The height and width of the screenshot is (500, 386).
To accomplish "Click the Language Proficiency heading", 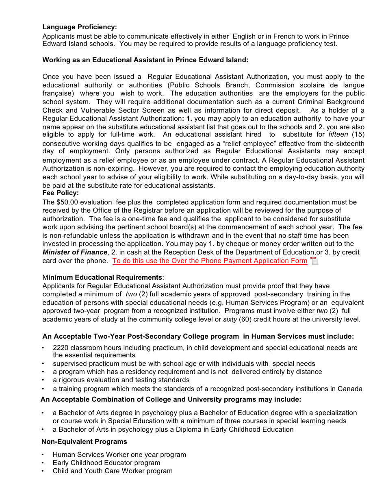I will click(80, 27).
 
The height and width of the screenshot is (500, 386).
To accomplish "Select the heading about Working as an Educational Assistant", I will click(145, 60).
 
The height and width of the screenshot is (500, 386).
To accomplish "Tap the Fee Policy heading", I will click(61, 193).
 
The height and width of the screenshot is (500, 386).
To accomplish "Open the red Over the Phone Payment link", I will click(210, 261).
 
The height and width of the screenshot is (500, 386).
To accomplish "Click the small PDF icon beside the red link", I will click(314, 261).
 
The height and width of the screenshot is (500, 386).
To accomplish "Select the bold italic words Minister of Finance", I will click(75, 252).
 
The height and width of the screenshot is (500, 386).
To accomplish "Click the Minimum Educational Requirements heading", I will click(103, 278).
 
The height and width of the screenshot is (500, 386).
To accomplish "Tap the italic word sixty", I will click(230, 320).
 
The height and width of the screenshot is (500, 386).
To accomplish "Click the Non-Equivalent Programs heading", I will click(84, 442).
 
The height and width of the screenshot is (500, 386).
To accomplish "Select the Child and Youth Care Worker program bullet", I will click(113, 471).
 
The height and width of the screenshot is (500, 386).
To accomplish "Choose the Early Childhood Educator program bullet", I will click(106, 463).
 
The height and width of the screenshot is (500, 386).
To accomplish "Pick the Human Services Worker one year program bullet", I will click(119, 455).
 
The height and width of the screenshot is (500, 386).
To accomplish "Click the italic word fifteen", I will click(338, 135).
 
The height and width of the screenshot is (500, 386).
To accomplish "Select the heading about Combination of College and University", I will click(171, 400).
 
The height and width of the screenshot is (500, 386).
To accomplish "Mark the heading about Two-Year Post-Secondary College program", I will click(198, 337).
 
